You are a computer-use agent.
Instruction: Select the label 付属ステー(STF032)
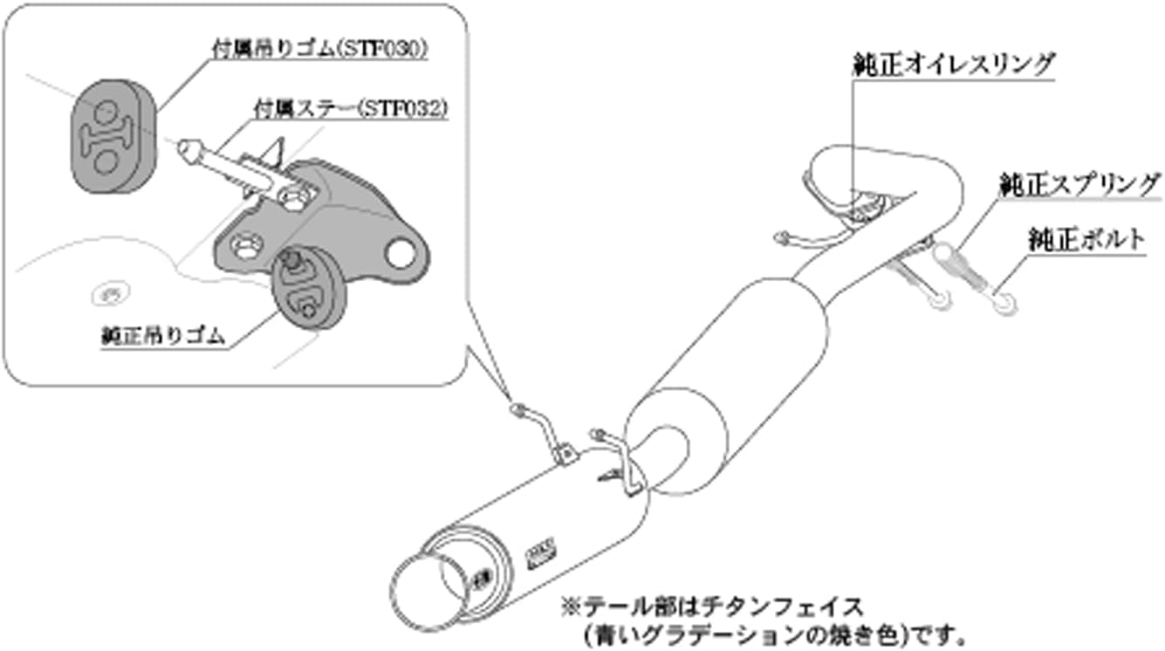tap(350, 109)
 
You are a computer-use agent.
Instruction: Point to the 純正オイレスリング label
tap(954, 65)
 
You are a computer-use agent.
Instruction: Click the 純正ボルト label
tap(1085, 242)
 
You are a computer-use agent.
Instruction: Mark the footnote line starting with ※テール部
tap(711, 605)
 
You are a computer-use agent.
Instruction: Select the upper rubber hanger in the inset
tap(110, 138)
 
